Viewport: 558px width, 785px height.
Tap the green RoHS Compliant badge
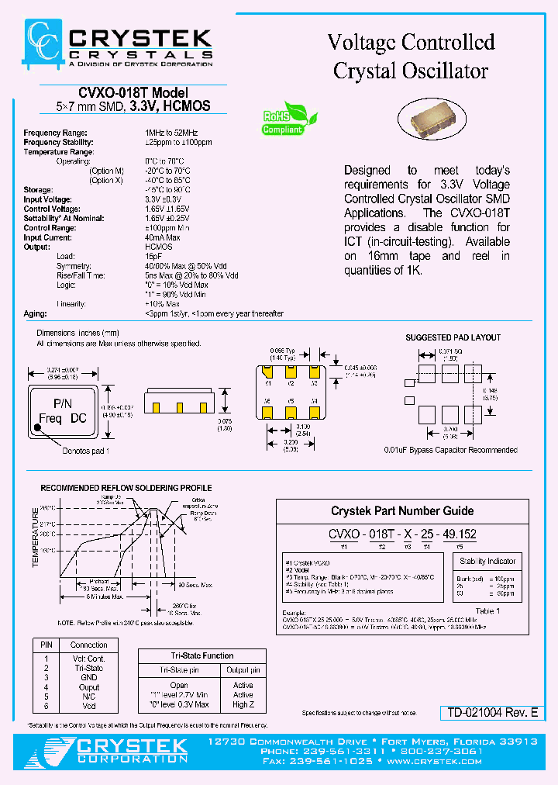(x=289, y=119)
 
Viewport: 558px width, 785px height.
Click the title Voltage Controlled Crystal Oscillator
(x=411, y=56)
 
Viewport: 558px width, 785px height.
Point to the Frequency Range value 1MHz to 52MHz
(x=171, y=133)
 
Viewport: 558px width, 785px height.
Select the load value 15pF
(x=153, y=256)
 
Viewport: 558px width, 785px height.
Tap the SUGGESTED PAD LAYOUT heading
(x=453, y=337)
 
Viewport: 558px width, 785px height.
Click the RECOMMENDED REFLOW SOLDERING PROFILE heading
(x=126, y=488)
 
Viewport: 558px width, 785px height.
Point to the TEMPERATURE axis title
(x=35, y=538)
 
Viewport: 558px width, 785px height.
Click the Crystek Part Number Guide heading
(x=402, y=511)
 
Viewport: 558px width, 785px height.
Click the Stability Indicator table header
(x=487, y=561)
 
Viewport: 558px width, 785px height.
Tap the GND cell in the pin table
(x=88, y=677)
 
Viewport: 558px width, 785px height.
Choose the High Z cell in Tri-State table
(x=243, y=704)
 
